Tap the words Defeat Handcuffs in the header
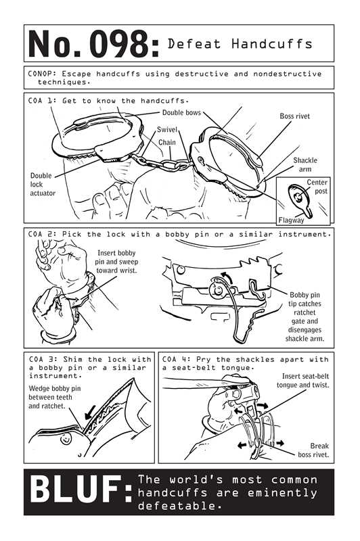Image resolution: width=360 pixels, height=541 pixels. pyautogui.click(x=240, y=44)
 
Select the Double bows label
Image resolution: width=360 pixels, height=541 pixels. pyautogui.click(x=181, y=112)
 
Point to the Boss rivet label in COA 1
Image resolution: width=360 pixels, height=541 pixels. pyautogui.click(x=295, y=116)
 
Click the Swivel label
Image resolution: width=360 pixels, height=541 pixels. pyautogui.click(x=167, y=129)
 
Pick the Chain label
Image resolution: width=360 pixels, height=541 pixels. pyautogui.click(x=167, y=143)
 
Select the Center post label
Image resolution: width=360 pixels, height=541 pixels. pyautogui.click(x=317, y=187)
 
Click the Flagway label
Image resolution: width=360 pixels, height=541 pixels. pyautogui.click(x=292, y=220)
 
